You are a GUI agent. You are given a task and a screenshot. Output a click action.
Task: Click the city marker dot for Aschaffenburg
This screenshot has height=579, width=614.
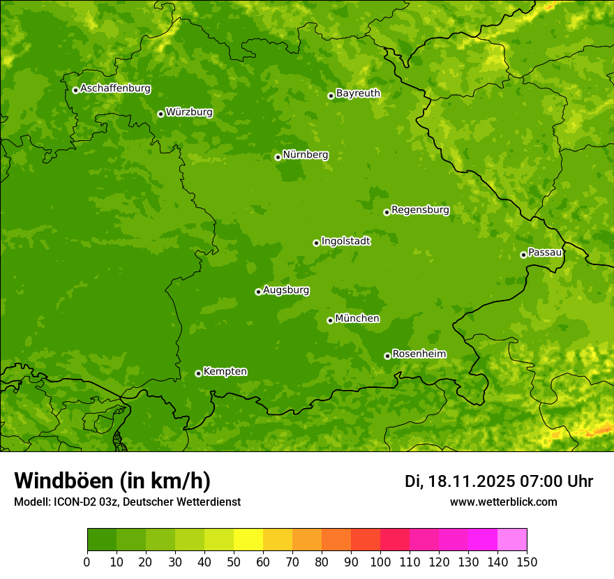pyautogui.click(x=75, y=90)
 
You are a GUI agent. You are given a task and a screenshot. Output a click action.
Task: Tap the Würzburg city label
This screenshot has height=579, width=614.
pyautogui.click(x=189, y=112)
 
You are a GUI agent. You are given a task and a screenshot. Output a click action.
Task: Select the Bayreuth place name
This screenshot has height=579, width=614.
pyautogui.click(x=358, y=93)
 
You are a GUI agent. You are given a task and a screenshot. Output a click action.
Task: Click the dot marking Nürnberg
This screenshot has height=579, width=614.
pyautogui.click(x=278, y=157)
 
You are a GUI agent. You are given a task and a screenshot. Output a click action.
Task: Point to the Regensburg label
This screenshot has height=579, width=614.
pyautogui.click(x=420, y=210)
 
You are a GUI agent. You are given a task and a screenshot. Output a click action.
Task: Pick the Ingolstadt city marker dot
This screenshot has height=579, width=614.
pyautogui.click(x=316, y=243)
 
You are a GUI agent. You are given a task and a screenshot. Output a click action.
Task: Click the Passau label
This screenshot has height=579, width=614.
pyautogui.click(x=545, y=253)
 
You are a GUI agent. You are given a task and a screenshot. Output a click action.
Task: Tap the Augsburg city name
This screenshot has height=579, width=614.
pyautogui.click(x=286, y=290)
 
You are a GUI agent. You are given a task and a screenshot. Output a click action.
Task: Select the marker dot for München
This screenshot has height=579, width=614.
pyautogui.click(x=330, y=320)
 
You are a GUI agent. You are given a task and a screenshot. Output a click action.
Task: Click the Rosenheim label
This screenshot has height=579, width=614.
pyautogui.click(x=419, y=354)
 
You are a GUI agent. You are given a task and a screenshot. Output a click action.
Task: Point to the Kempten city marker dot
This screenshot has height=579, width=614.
pyautogui.click(x=198, y=373)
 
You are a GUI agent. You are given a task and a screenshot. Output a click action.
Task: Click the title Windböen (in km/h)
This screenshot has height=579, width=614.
pyautogui.click(x=112, y=481)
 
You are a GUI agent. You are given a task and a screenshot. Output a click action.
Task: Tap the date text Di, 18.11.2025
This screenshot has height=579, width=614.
pyautogui.click(x=458, y=481)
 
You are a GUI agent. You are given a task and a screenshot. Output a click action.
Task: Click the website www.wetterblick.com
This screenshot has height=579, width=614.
pyautogui.click(x=503, y=502)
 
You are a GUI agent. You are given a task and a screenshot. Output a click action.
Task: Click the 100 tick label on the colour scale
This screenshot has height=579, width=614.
pyautogui.click(x=380, y=562)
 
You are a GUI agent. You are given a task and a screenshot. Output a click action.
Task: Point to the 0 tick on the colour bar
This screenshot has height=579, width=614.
pyautogui.click(x=87, y=562)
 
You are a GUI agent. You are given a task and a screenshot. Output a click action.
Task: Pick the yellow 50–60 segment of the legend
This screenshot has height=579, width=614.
pyautogui.click(x=248, y=540)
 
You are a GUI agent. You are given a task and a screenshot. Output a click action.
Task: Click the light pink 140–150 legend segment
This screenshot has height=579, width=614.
pyautogui.click(x=512, y=540)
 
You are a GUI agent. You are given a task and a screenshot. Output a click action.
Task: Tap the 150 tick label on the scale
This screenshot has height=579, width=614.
pyautogui.click(x=527, y=562)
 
